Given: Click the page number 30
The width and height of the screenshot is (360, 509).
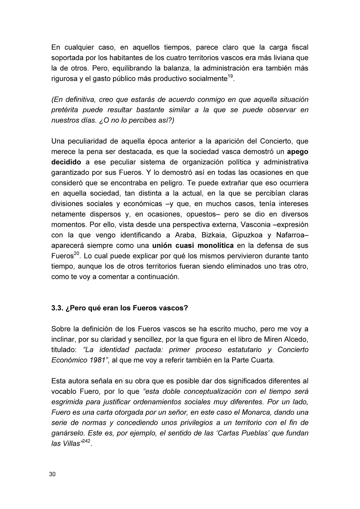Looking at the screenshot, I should (x=52, y=474).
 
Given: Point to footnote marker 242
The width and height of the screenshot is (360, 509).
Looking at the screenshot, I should (x=86, y=441).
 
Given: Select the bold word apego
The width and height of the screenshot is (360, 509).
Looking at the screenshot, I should (x=297, y=152).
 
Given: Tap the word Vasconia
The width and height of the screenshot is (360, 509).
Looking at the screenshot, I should (x=253, y=225).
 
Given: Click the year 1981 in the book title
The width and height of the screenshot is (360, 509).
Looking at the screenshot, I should (x=97, y=360).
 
